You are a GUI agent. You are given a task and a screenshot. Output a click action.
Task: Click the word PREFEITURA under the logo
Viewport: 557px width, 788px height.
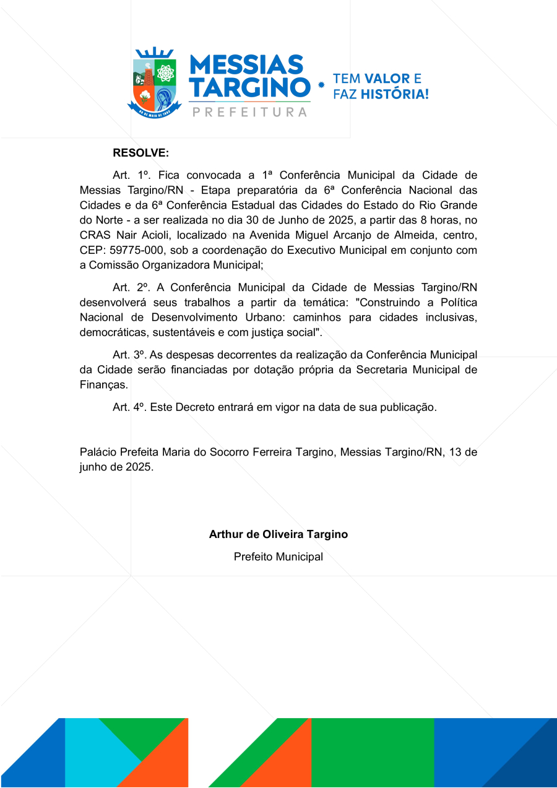click(x=250, y=112)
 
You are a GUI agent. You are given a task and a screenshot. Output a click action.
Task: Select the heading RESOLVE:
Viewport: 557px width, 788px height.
click(x=140, y=153)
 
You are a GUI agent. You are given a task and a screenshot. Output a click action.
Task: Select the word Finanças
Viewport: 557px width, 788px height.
click(x=103, y=384)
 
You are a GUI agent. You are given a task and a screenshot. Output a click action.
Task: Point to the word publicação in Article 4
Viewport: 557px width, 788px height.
click(x=405, y=407)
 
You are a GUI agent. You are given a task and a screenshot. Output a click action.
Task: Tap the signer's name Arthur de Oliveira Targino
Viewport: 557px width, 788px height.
click(x=278, y=534)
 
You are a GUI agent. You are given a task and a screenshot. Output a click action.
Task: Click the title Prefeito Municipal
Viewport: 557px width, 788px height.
click(x=278, y=556)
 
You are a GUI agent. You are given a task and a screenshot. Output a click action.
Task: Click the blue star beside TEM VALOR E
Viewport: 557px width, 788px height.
click(x=321, y=86)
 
